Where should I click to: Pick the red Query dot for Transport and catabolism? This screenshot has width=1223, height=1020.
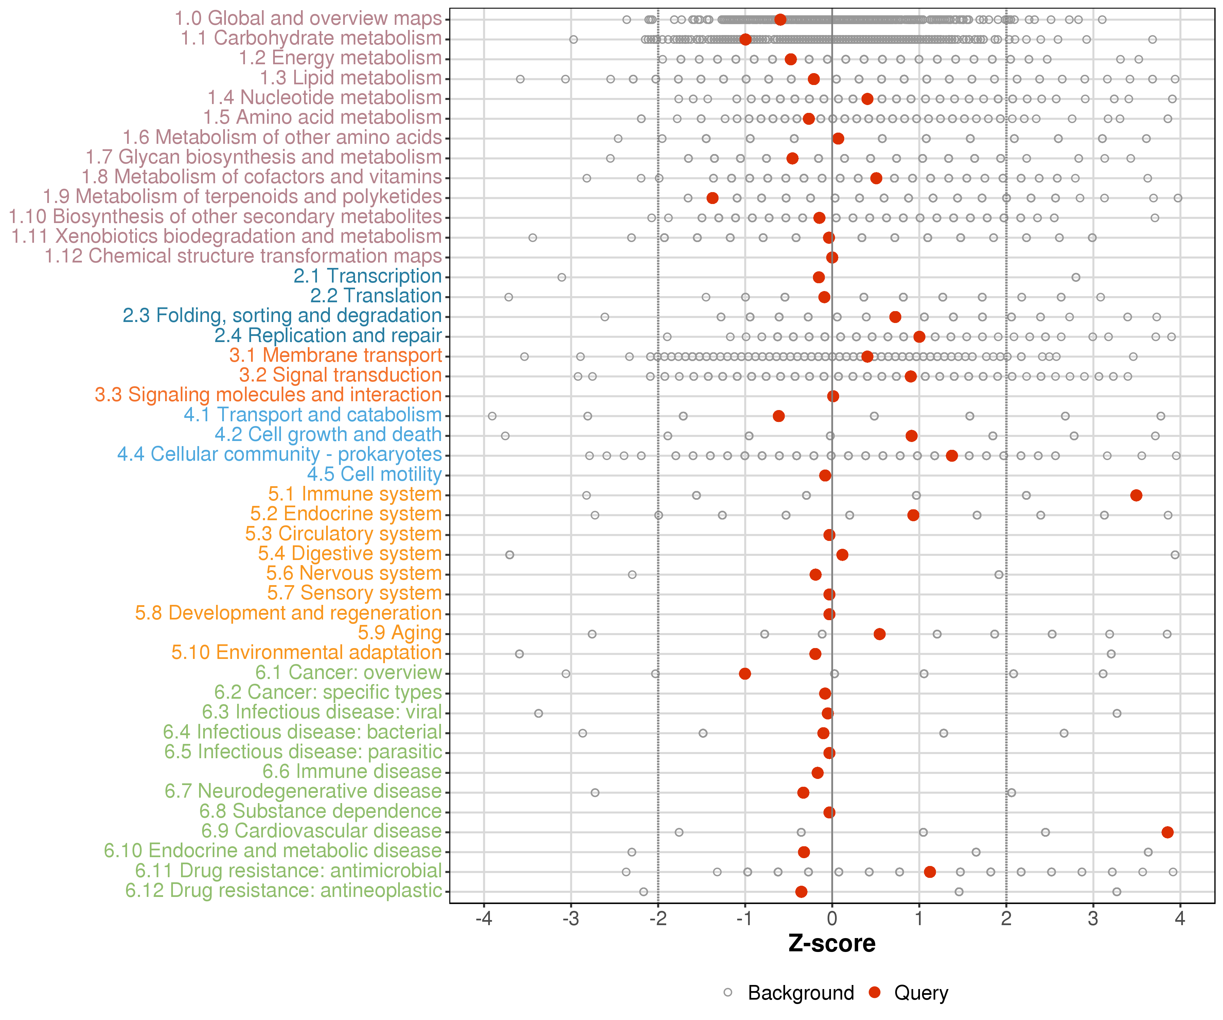pyautogui.click(x=779, y=416)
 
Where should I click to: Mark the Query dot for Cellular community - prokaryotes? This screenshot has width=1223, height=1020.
pyautogui.click(x=952, y=456)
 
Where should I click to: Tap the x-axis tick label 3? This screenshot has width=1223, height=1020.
pyautogui.click(x=1093, y=919)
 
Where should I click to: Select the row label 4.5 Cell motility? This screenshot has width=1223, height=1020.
pyautogui.click(x=374, y=474)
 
